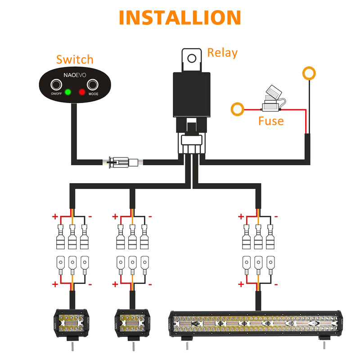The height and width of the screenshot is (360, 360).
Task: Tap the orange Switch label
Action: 75,59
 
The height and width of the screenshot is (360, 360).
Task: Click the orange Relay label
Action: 222,53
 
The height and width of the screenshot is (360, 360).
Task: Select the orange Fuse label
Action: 271,121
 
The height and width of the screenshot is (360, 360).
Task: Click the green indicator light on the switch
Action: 68,92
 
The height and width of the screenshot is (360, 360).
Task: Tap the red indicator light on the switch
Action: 82,92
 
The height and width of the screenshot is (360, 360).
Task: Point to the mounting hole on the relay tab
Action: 192,58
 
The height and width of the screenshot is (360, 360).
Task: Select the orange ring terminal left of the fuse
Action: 237,108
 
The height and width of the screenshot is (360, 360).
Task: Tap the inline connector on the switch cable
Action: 123,161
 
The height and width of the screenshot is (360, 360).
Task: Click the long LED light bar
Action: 255,325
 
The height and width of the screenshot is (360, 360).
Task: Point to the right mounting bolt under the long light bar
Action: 323,344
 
